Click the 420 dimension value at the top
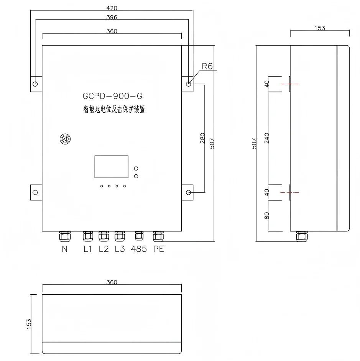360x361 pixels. tap(112, 8)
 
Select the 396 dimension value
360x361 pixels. tap(112, 17)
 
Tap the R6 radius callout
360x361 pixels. tap(207, 66)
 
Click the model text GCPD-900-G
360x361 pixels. tap(112, 96)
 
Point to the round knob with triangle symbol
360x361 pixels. tap(65, 139)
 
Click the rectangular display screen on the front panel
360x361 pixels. tap(112, 167)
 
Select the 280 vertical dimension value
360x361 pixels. tap(202, 138)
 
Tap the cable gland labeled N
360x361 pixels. tap(65, 237)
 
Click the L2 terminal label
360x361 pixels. tap(104, 249)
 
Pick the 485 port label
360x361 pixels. tap(139, 249)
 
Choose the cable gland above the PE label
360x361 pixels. tap(158, 236)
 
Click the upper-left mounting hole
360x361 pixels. tap(35, 84)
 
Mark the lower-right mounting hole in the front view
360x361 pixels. tap(188, 192)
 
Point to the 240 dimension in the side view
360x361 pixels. tap(267, 138)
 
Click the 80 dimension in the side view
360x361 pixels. tap(267, 216)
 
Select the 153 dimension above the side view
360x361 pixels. tap(320, 28)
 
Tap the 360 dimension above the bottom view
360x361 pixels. tap(112, 282)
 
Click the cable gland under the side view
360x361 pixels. tap(302, 236)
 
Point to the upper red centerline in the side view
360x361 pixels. tap(290, 84)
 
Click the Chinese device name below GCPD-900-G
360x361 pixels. tap(114, 109)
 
